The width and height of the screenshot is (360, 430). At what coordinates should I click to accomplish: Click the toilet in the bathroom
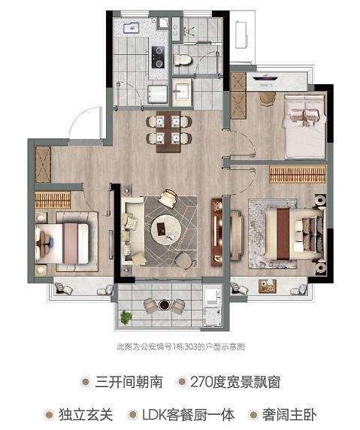[x=182, y=59]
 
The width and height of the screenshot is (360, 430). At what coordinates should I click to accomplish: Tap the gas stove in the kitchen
[x=158, y=57]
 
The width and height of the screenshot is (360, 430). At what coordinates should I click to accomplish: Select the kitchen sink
[x=131, y=28]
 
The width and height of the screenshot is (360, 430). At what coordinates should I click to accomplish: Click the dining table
[x=168, y=131]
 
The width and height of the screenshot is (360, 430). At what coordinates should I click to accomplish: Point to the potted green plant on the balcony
[x=126, y=317]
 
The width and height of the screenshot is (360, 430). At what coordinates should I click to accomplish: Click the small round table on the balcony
[x=165, y=304]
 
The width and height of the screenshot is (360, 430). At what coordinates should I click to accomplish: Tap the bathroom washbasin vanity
[x=182, y=92]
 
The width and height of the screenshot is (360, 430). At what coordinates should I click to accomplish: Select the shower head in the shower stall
[x=188, y=31]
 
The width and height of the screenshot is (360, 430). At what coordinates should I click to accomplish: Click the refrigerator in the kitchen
[x=158, y=95]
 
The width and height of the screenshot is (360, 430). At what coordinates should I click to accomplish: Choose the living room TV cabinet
[x=216, y=232]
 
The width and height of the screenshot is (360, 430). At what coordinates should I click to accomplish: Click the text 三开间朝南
[x=129, y=382]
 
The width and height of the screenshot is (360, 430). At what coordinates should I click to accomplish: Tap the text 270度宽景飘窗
[x=235, y=382]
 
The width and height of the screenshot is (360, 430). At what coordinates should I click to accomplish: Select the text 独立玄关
[x=86, y=415]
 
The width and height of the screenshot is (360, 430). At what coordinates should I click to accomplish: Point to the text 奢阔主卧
[x=289, y=415]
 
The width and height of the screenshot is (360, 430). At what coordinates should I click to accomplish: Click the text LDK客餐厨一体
[x=189, y=415]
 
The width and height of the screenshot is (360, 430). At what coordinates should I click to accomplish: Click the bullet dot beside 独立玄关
[x=49, y=415]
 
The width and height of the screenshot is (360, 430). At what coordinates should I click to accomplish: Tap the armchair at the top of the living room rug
[x=168, y=198]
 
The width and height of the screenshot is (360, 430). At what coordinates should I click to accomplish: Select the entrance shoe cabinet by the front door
[x=43, y=165]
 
